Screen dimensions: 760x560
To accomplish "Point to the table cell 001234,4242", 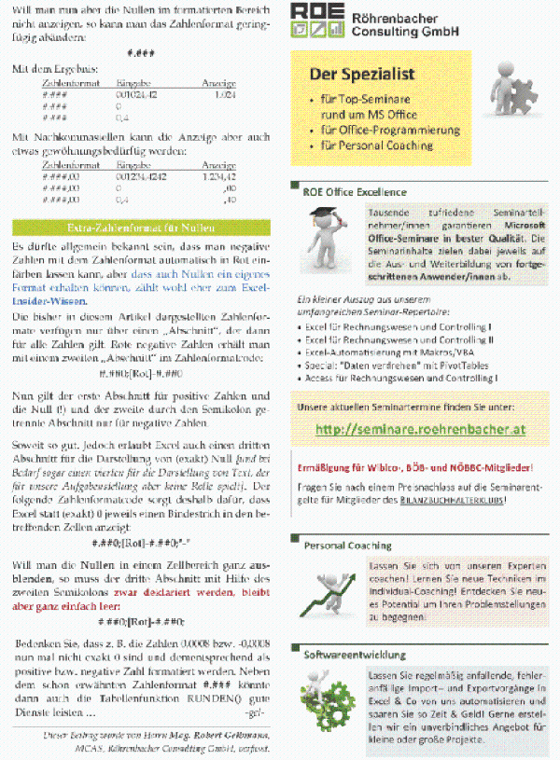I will pyautogui.click(x=141, y=175).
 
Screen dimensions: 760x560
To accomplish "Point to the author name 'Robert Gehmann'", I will pyautogui.click(x=222, y=735).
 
